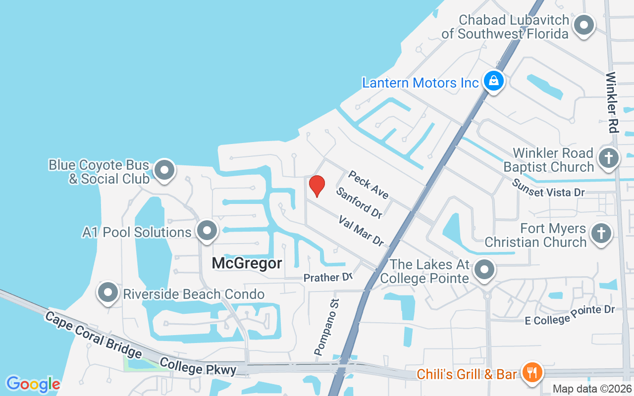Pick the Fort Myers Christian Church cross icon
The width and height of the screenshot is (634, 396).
click(601, 234)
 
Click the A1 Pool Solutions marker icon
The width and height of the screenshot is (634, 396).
click(207, 231)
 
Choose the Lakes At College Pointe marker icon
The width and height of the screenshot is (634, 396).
click(484, 270)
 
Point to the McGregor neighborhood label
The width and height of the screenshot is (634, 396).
click(247, 263)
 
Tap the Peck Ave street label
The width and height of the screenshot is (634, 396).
click(369, 184)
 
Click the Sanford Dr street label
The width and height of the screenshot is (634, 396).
click(359, 202)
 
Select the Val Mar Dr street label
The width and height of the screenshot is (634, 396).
click(362, 230)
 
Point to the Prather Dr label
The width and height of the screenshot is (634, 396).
click(327, 278)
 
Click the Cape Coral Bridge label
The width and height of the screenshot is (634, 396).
click(94, 335)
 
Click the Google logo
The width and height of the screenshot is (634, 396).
click(33, 384)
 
